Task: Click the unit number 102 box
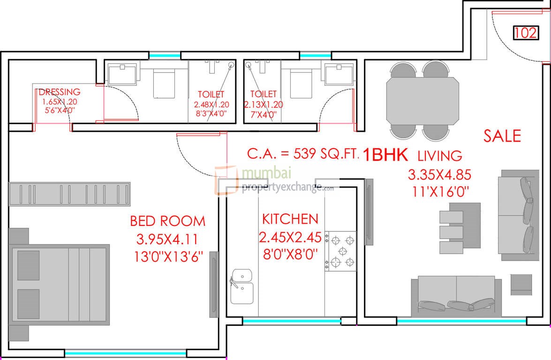pos(525,33)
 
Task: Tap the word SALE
pos(502,136)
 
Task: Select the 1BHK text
pos(385,155)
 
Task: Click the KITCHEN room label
pos(290,219)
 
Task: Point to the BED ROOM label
pos(167,220)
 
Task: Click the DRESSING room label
pos(59,92)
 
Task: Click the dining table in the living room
pos(422,100)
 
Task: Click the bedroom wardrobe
pos(70,193)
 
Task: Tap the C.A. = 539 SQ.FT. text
pos(303,154)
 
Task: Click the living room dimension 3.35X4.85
pos(439,175)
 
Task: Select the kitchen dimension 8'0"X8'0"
pos(290,254)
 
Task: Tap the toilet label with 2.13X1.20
pos(263,105)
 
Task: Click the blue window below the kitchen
pos(291,321)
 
